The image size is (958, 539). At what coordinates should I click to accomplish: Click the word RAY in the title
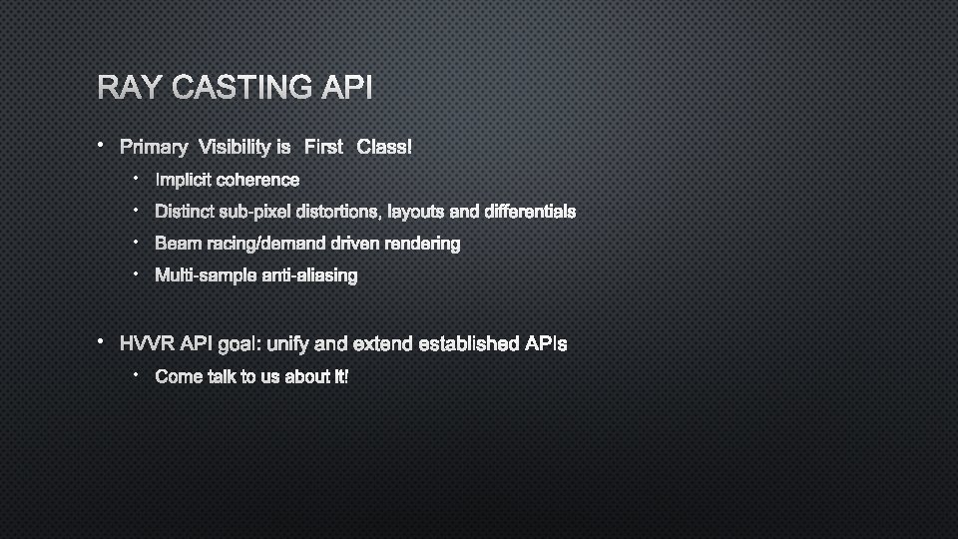pyautogui.click(x=131, y=89)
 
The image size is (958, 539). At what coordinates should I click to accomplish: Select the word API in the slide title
pyautogui.click(x=347, y=89)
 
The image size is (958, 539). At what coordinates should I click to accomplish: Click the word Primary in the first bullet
pyautogui.click(x=154, y=148)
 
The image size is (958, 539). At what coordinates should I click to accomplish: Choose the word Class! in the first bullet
pyautogui.click(x=383, y=148)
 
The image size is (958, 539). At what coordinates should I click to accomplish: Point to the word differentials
pyautogui.click(x=529, y=212)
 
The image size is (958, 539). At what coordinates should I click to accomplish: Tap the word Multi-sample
pyautogui.click(x=205, y=275)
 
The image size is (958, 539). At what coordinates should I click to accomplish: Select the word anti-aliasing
pyautogui.click(x=309, y=275)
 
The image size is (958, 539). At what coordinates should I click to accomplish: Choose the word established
pyautogui.click(x=469, y=344)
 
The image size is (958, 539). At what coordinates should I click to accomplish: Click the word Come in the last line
pyautogui.click(x=179, y=376)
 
